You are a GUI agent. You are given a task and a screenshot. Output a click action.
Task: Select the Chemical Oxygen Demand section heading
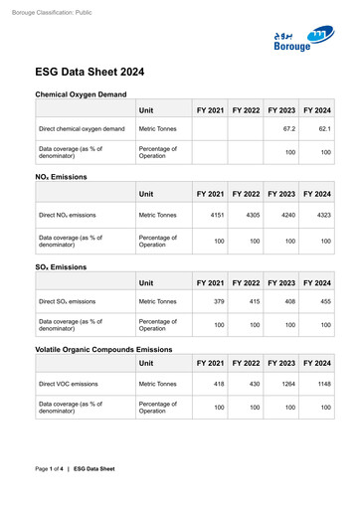click(81, 93)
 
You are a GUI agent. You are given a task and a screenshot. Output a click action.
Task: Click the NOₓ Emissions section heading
click(61, 177)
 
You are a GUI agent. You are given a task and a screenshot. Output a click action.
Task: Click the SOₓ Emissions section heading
click(61, 266)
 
